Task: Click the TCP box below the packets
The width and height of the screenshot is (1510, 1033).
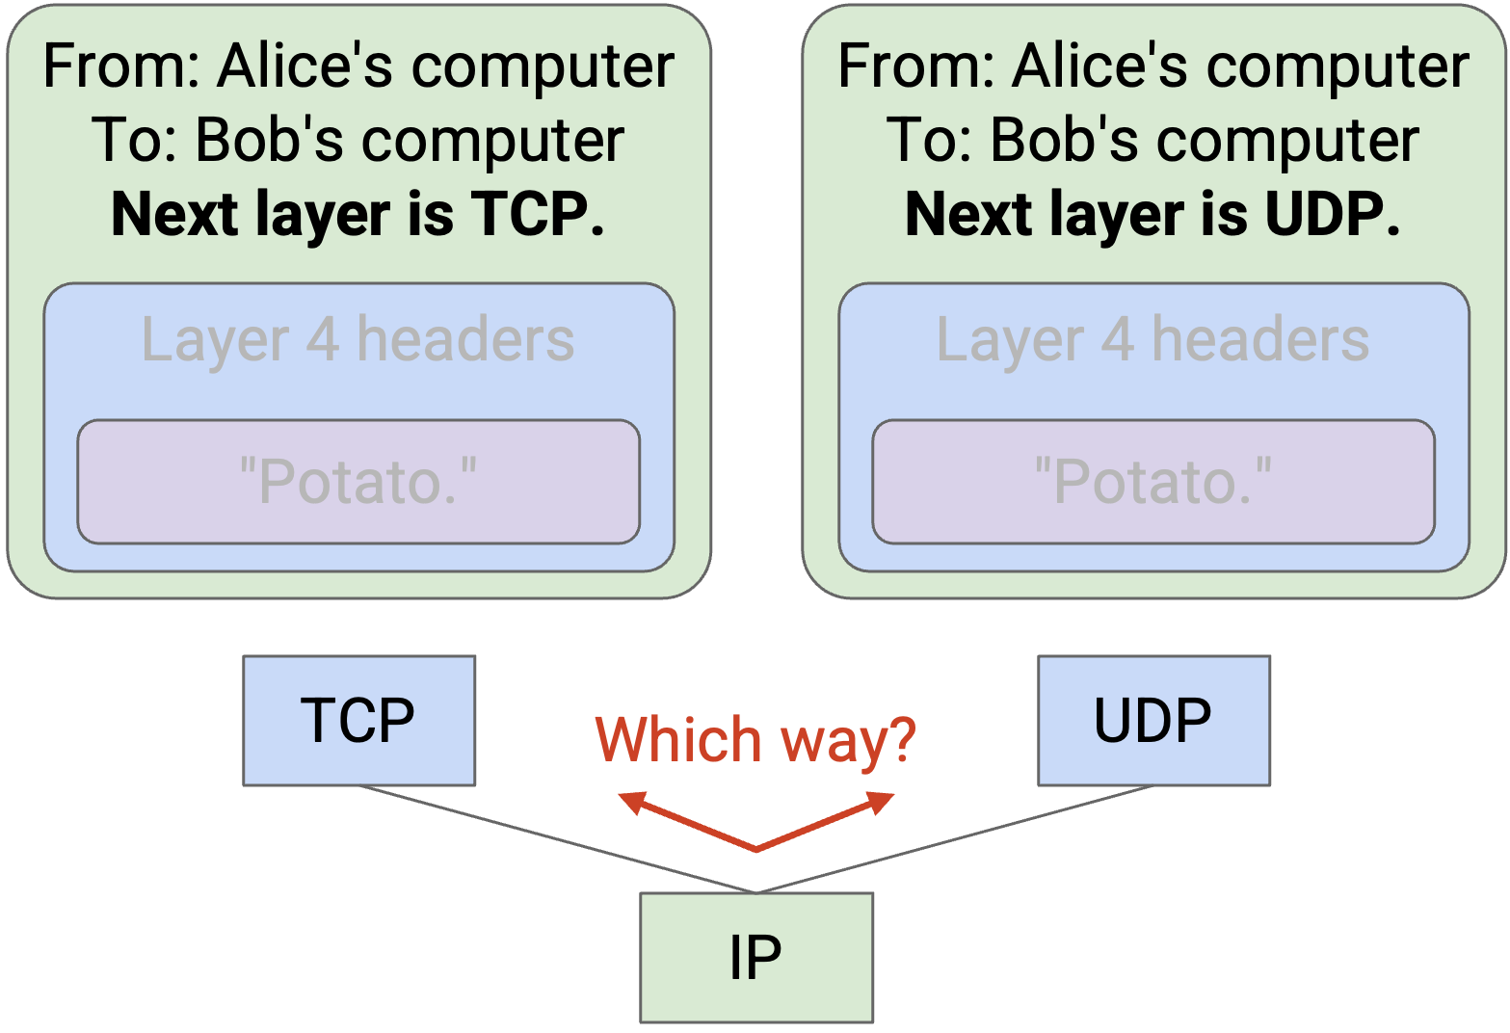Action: (x=358, y=720)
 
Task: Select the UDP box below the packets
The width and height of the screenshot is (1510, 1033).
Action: (x=1153, y=720)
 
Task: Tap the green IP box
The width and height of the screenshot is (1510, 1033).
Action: (x=756, y=958)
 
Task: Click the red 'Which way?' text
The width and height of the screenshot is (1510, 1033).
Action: (x=755, y=741)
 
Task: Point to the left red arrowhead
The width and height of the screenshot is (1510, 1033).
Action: (x=631, y=803)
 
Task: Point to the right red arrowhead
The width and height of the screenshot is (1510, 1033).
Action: (x=881, y=803)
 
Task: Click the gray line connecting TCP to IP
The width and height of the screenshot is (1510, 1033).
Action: (x=558, y=839)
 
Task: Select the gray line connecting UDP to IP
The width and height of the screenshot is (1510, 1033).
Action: (x=955, y=839)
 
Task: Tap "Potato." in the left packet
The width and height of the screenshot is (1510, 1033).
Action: (x=358, y=481)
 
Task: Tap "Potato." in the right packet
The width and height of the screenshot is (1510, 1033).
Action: (x=1153, y=481)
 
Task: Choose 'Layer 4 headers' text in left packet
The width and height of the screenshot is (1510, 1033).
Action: (x=358, y=340)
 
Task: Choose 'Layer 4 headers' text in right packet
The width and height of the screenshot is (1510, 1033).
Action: (x=1152, y=340)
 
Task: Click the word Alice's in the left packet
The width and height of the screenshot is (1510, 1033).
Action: (x=305, y=66)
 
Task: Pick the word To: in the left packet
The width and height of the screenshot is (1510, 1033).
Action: (x=134, y=140)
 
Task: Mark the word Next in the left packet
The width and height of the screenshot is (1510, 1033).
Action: (x=174, y=214)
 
